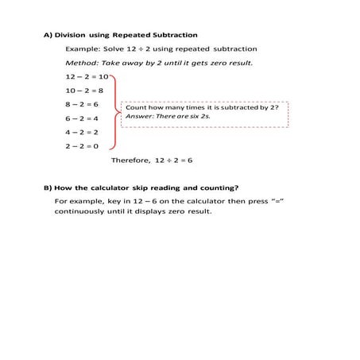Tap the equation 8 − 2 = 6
pos(83,104)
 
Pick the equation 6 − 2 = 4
pos(83,118)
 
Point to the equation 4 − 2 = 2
pos(83,132)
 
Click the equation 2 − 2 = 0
pos(83,146)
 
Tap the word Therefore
pos(130,160)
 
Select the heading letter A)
pos(48,35)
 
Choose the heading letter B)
pos(48,188)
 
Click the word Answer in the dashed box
pos(137,117)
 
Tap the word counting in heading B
pos(219,188)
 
